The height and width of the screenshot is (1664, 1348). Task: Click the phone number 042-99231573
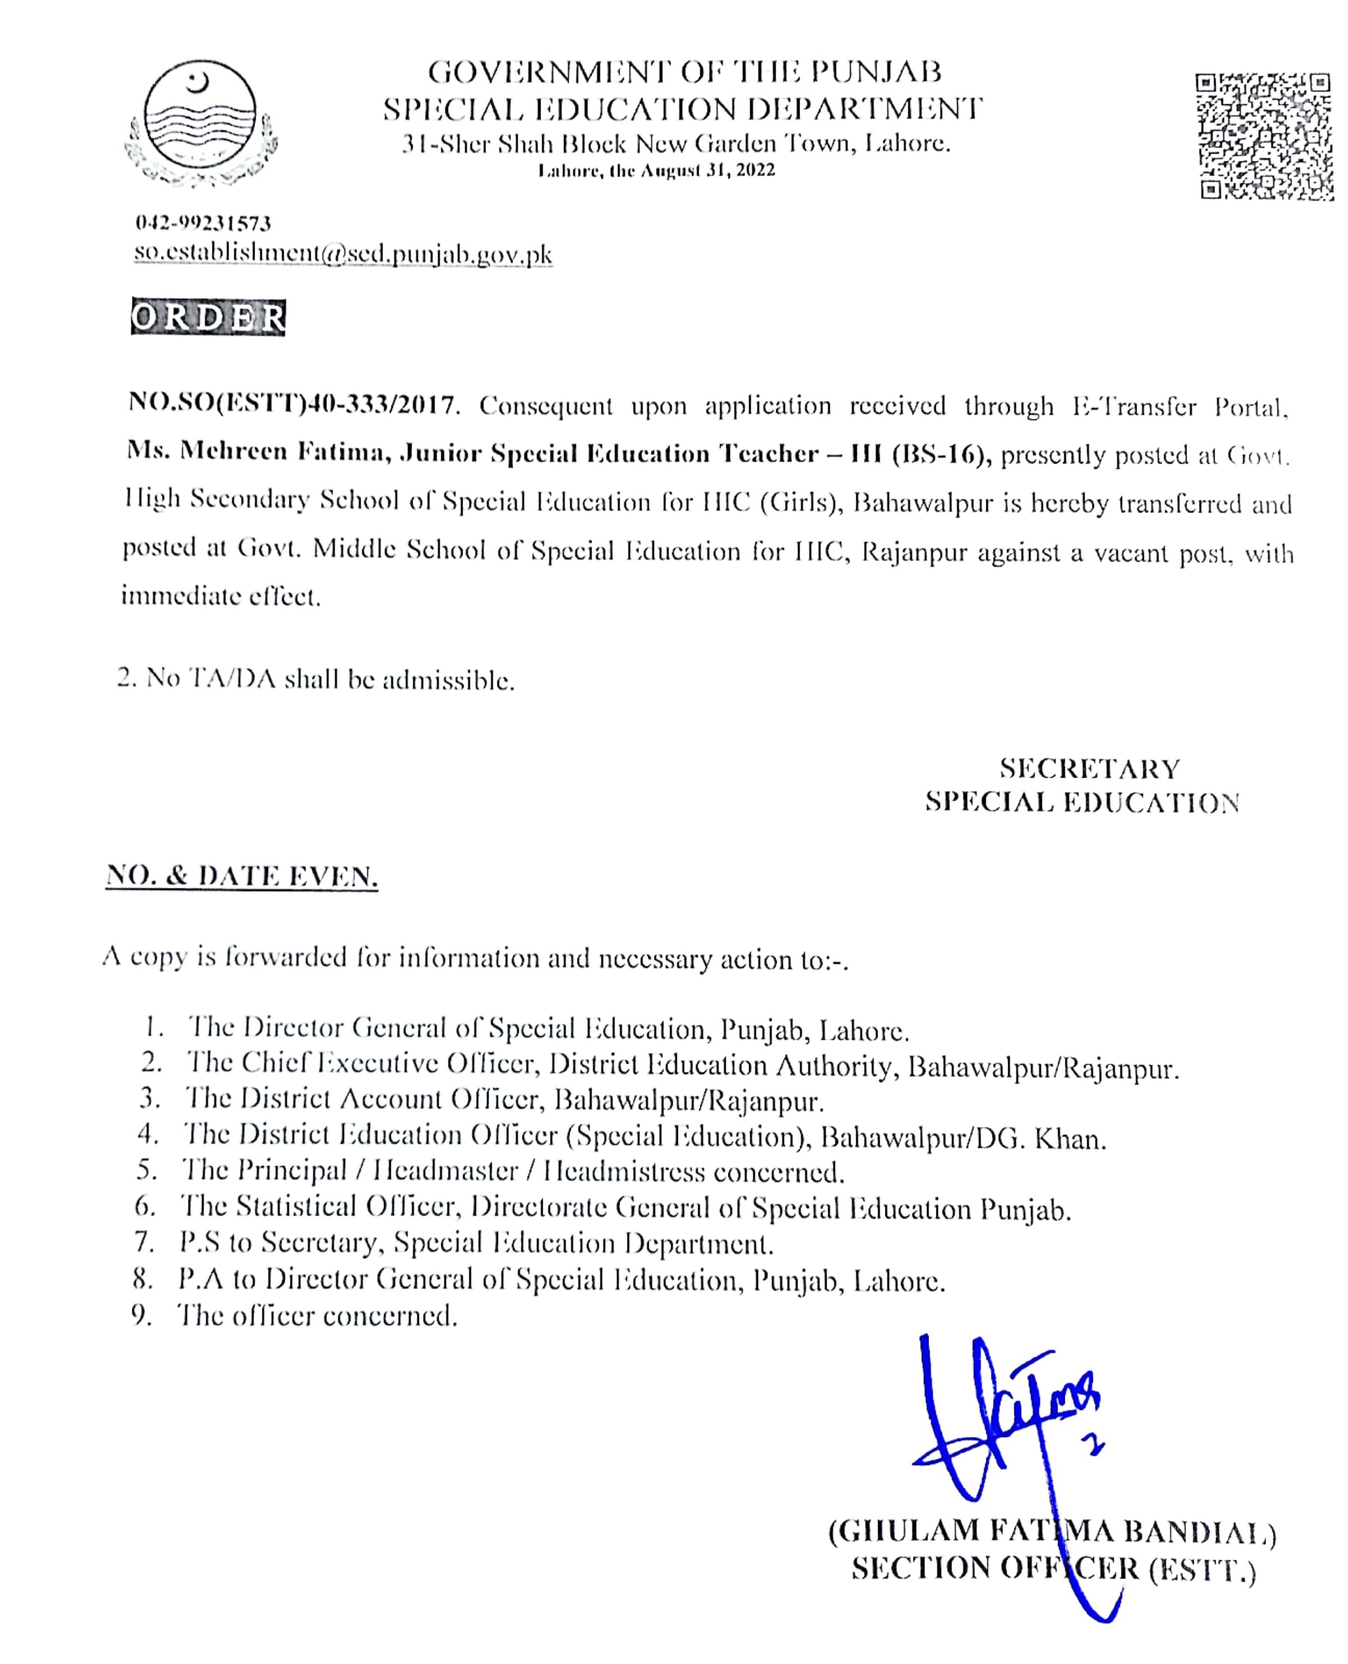(x=204, y=224)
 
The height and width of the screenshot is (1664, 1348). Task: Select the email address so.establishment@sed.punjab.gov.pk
(x=343, y=254)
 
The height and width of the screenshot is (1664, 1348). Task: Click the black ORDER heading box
(x=208, y=317)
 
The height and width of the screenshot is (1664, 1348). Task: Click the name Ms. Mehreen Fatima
(x=257, y=452)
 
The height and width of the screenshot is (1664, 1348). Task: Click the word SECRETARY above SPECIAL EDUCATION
(x=1090, y=769)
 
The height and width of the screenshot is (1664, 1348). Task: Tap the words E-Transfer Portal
(x=1180, y=406)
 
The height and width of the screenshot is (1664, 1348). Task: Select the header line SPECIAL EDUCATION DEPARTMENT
(x=682, y=109)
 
